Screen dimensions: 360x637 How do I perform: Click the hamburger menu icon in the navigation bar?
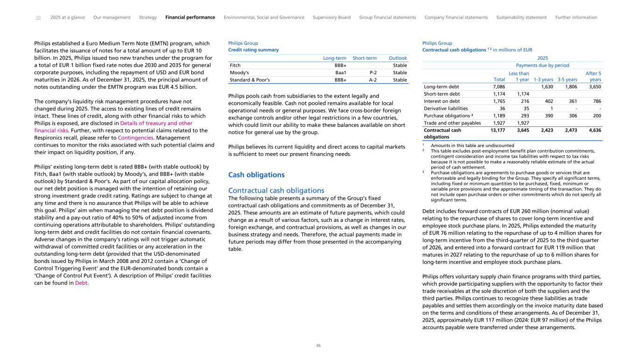coord(38,18)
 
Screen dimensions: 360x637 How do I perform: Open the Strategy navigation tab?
coord(148,18)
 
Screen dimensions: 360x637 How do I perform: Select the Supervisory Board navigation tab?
coord(331,18)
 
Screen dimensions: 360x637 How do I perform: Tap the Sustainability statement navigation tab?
coord(521,18)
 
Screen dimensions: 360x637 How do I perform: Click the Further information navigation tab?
coord(576,18)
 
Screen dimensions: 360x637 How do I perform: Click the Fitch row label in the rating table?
coord(235,66)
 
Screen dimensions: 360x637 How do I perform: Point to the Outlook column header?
coord(398,58)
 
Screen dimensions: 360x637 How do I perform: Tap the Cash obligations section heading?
coord(256,175)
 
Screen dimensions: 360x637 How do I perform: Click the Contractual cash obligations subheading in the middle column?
coord(276,191)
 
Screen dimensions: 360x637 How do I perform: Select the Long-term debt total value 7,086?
coord(499,87)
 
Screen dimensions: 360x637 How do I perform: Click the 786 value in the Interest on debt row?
coord(596,101)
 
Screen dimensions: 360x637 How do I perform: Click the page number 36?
coord(318,346)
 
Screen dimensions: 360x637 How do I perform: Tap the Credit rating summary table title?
coord(253,50)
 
